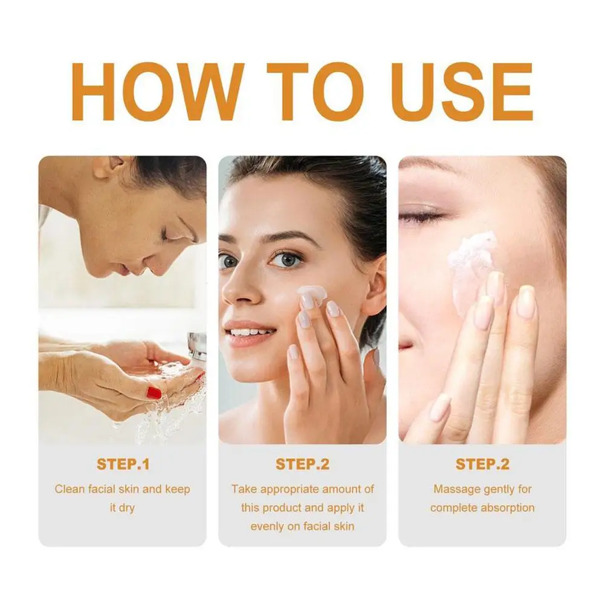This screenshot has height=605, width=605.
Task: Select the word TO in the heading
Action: click(x=315, y=92)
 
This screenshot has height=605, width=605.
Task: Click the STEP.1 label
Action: click(x=123, y=464)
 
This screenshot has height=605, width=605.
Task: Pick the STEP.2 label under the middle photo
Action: click(x=302, y=464)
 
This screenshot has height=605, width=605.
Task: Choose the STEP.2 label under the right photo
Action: click(x=482, y=464)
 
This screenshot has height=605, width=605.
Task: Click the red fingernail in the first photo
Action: click(x=154, y=392)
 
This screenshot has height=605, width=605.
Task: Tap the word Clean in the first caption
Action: click(x=70, y=489)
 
